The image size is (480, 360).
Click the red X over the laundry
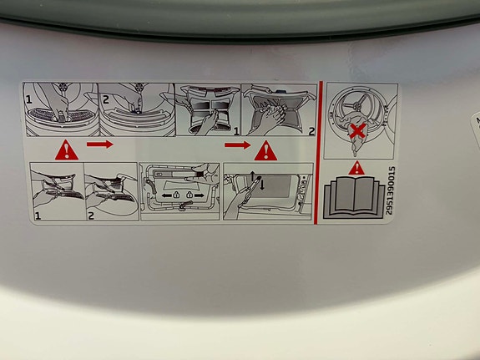[358, 131]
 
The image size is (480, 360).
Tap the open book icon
[354, 197]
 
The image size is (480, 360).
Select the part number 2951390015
[390, 190]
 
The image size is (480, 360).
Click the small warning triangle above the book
[356, 168]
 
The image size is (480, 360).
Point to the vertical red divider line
[318, 153]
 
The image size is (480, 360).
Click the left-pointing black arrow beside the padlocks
[166, 195]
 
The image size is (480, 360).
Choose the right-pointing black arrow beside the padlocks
[200, 195]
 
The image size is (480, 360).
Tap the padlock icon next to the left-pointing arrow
[177, 195]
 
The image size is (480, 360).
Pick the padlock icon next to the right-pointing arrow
[189, 195]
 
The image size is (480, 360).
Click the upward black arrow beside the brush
[253, 176]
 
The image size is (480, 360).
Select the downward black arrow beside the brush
[262, 185]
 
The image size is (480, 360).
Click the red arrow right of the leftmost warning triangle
[100, 144]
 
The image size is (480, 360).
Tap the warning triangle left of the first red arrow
[67, 150]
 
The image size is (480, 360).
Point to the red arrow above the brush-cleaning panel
[238, 145]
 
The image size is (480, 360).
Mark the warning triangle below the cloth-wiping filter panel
[265, 150]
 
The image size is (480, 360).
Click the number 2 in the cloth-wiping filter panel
[311, 131]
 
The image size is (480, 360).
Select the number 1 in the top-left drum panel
[28, 99]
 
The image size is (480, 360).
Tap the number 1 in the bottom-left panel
[38, 216]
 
